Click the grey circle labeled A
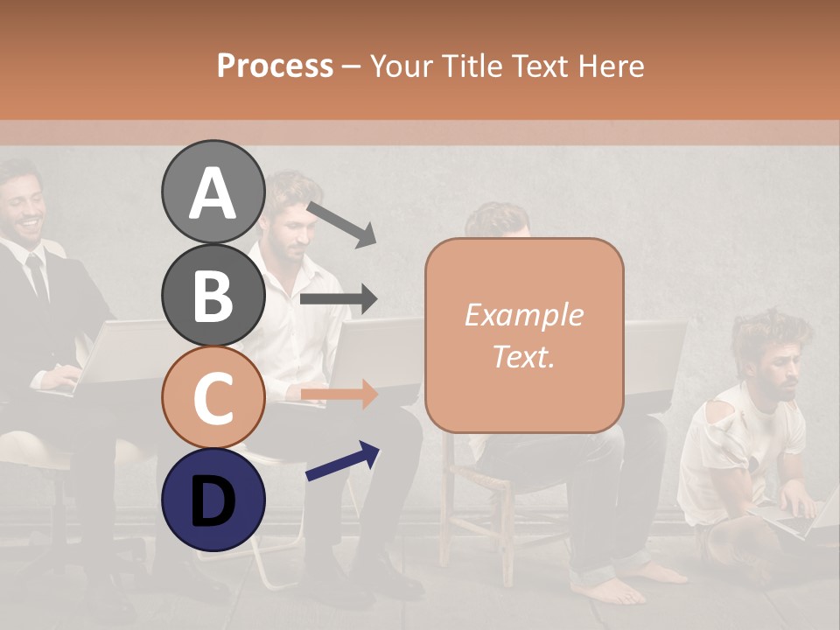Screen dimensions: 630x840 click(x=213, y=192)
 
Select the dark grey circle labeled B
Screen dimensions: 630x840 click(x=213, y=295)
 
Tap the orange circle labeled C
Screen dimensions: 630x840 click(x=213, y=397)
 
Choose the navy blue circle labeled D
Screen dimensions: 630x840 click(x=213, y=500)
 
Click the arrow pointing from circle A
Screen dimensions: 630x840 click(x=341, y=224)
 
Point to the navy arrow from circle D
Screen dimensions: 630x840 click(x=343, y=461)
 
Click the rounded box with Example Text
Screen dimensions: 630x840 click(x=524, y=335)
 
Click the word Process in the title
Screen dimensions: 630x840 click(x=275, y=66)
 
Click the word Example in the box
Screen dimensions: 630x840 click(x=523, y=315)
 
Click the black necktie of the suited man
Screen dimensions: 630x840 click(x=38, y=275)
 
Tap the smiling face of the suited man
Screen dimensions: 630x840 click(x=24, y=206)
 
